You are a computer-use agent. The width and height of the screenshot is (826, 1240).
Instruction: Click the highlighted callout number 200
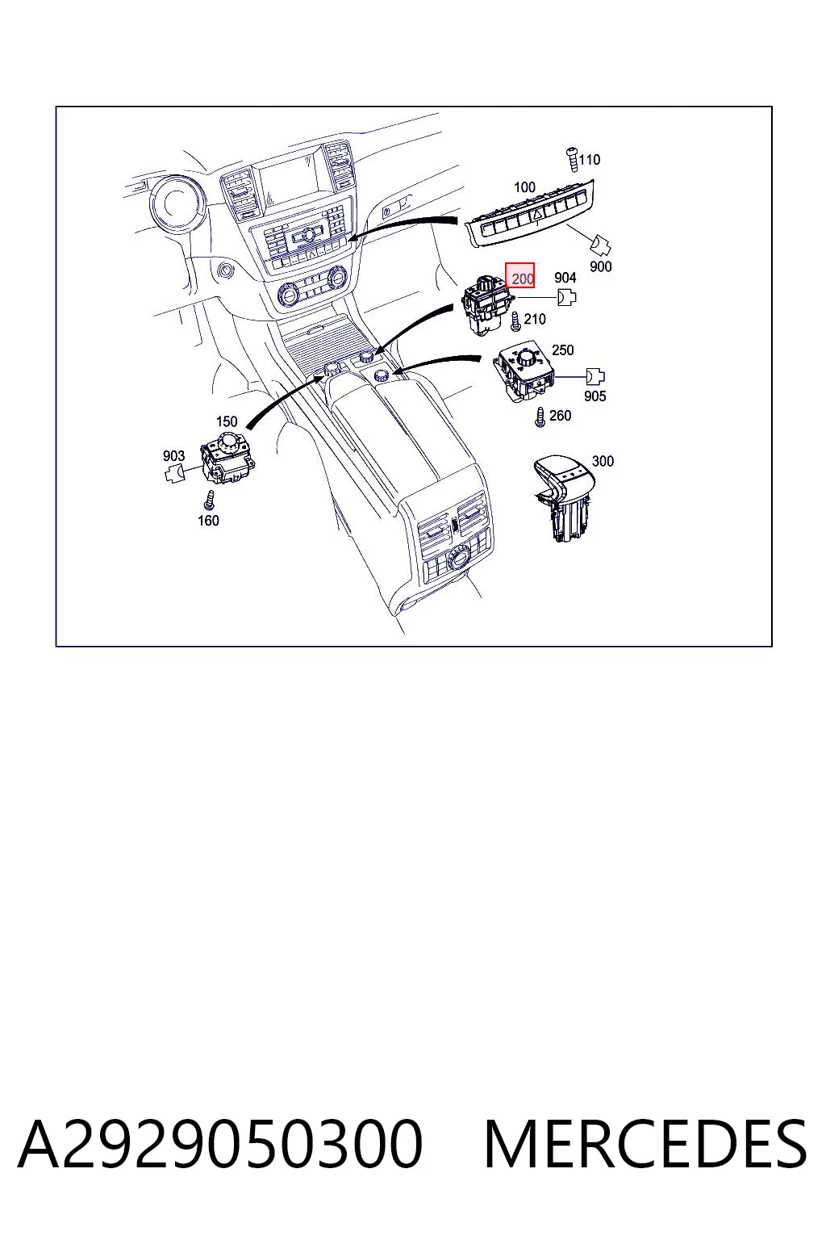(x=522, y=279)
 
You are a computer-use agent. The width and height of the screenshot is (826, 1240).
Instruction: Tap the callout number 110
(x=589, y=159)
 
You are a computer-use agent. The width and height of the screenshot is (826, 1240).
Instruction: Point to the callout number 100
(x=524, y=187)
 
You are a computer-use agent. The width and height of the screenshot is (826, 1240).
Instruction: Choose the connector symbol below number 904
(x=566, y=297)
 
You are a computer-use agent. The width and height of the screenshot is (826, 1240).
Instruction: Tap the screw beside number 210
(x=515, y=321)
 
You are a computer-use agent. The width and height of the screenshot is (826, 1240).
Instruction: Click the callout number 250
(x=563, y=350)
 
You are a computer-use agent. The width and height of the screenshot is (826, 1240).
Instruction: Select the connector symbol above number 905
(x=594, y=376)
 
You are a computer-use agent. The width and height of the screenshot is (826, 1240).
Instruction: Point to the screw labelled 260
(x=540, y=417)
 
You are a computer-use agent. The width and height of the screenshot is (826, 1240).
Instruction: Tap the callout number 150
(x=227, y=421)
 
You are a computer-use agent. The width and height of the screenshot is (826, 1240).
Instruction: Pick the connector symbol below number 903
(x=175, y=474)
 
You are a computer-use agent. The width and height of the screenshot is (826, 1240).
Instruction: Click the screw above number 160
(x=209, y=500)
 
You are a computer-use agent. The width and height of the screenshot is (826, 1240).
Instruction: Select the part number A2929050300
(x=220, y=1144)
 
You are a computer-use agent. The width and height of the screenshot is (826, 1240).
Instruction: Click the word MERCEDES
(x=645, y=1144)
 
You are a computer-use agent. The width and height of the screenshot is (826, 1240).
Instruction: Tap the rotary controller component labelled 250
(x=524, y=370)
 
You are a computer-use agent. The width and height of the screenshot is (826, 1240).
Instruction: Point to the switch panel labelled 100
(x=529, y=214)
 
